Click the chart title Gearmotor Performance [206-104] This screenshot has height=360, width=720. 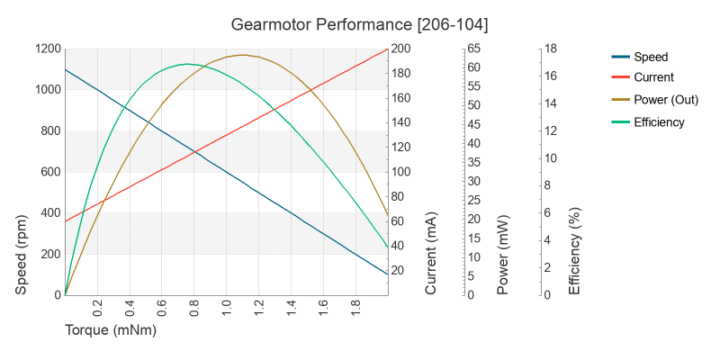point(360,22)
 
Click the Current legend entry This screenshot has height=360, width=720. point(653,77)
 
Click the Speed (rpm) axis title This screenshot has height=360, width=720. point(22,254)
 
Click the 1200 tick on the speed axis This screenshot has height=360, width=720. point(48,49)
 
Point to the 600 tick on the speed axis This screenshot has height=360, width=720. point(50,172)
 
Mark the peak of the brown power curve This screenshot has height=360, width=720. point(242,55)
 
